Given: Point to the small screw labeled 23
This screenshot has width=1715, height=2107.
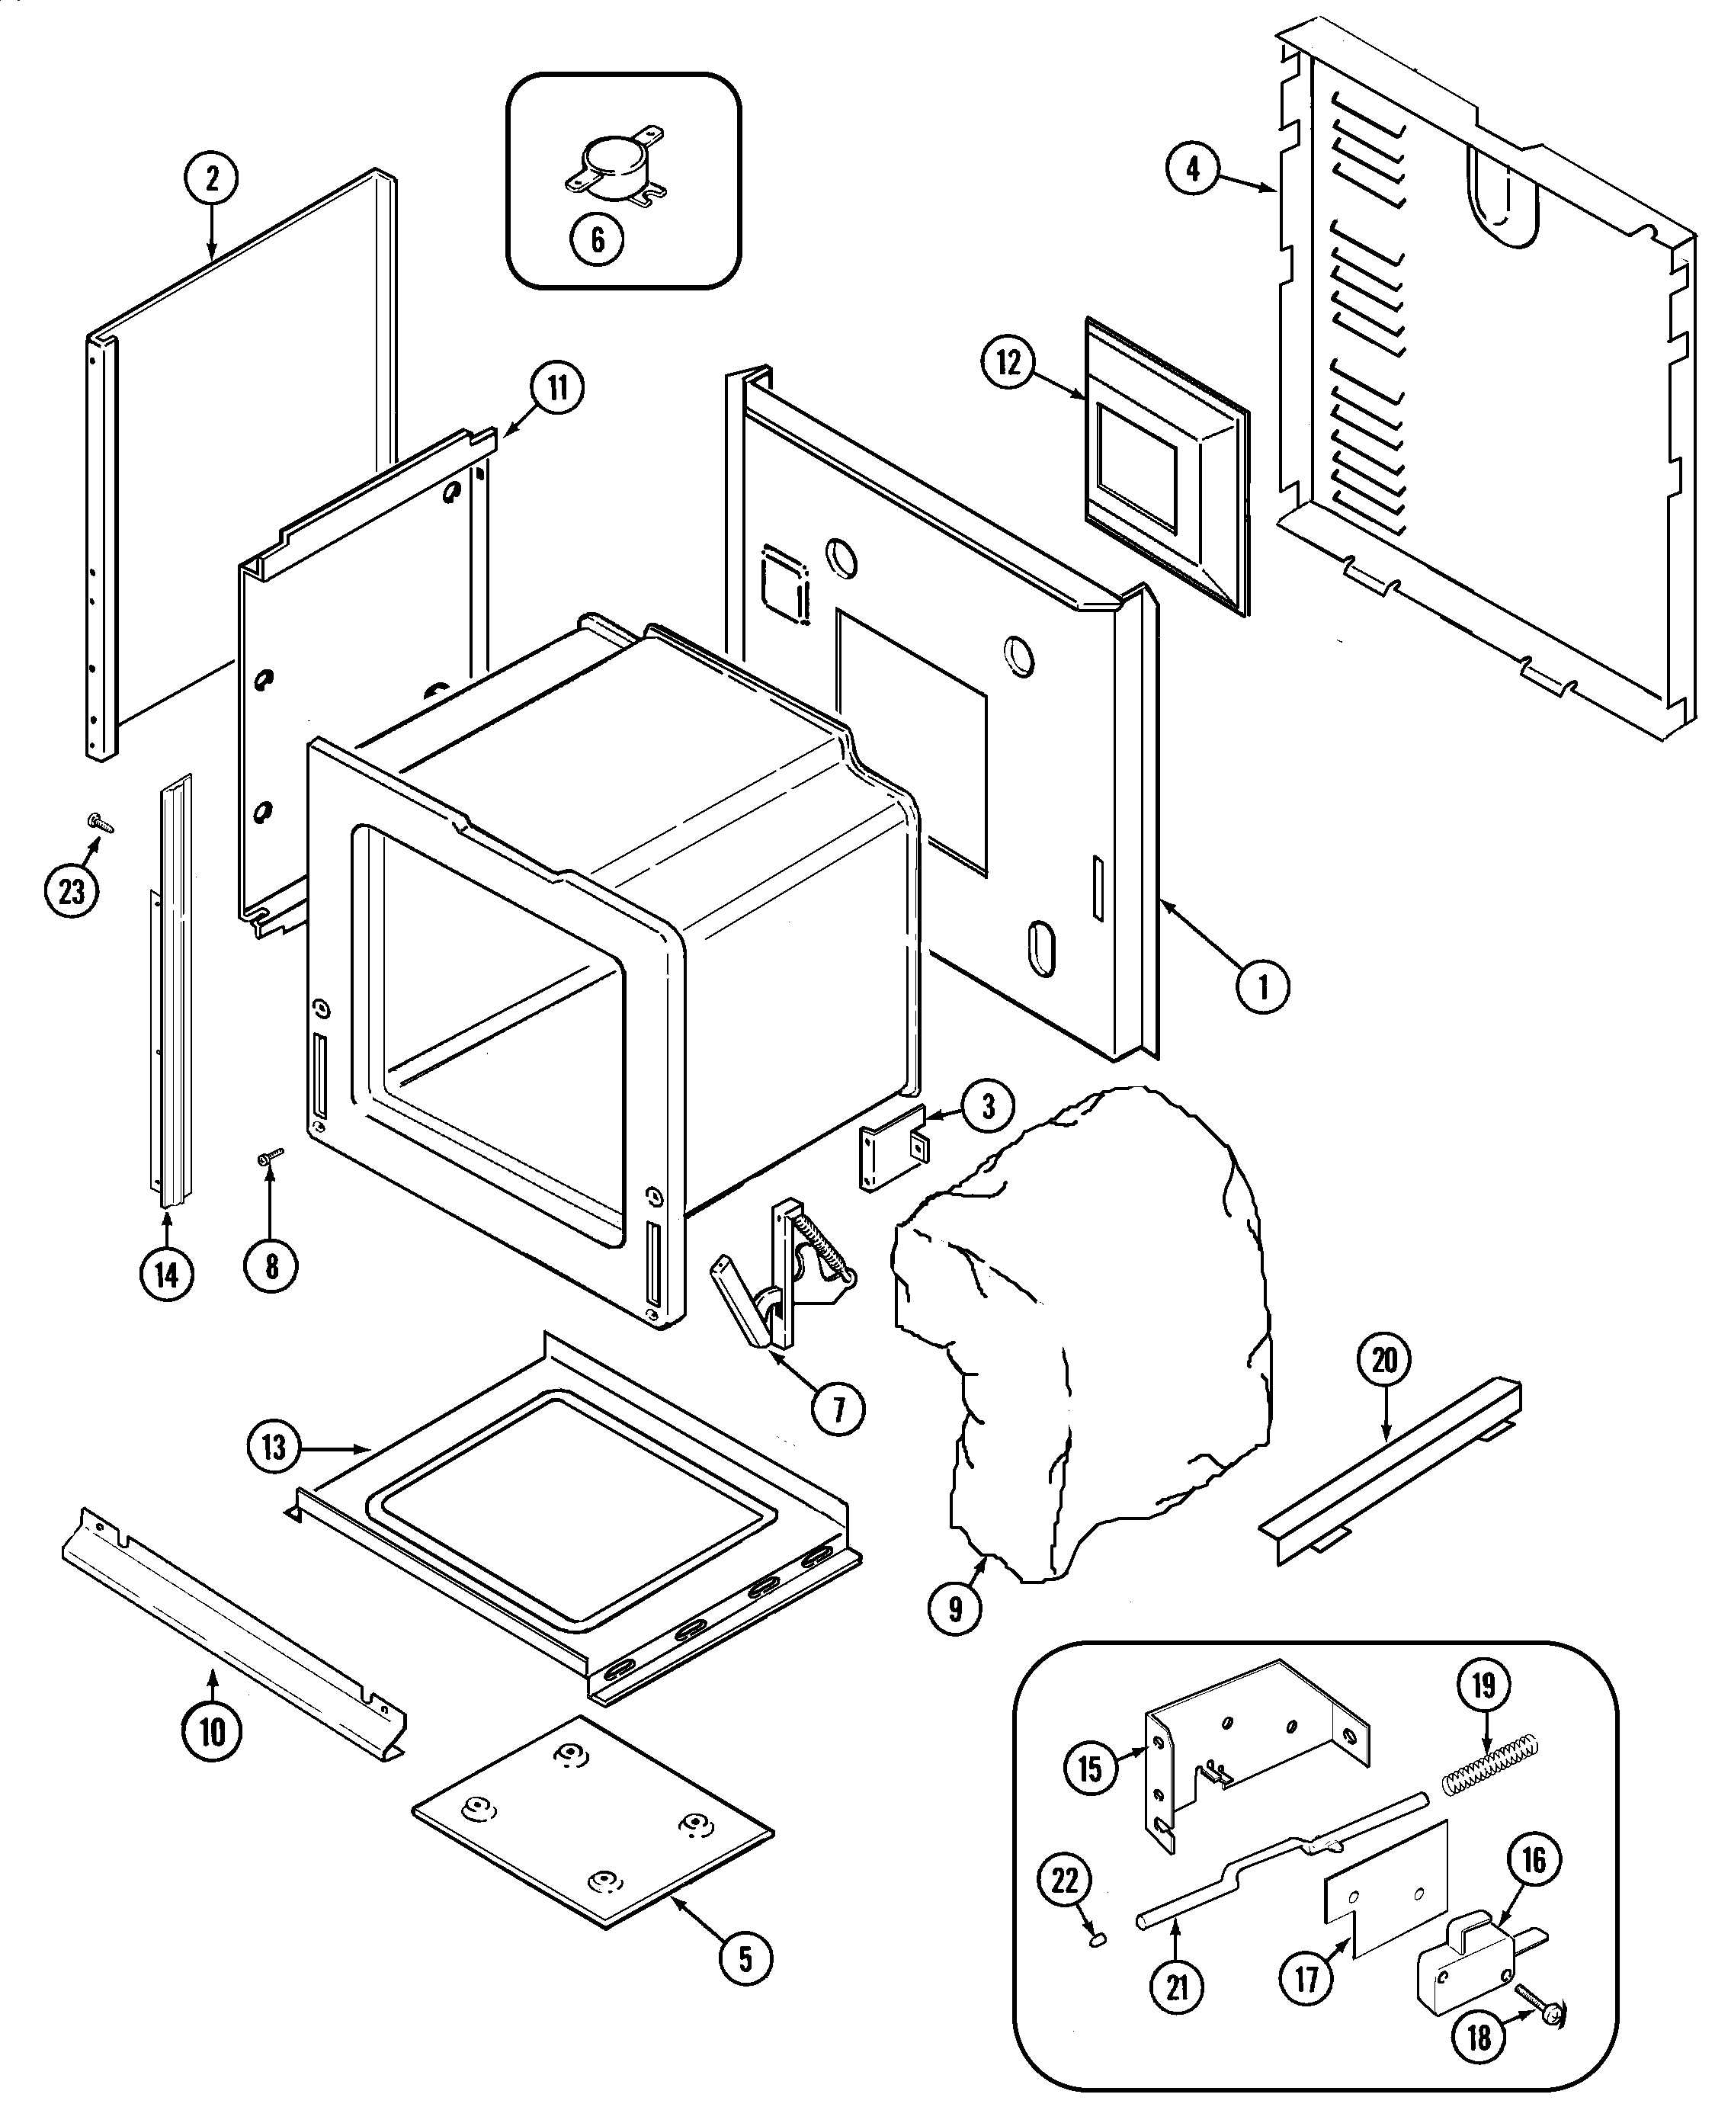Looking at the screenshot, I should [x=100, y=822].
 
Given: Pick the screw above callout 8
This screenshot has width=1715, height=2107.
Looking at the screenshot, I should [x=270, y=1155].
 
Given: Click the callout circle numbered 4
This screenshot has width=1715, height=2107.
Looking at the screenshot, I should [x=1192, y=169].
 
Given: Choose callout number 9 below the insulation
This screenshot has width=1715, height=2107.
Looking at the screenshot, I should [x=954, y=1610].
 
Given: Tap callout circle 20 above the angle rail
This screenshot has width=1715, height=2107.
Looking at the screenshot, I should [x=1384, y=1360].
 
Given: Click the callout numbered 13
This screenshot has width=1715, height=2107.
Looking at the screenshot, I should [x=274, y=1448].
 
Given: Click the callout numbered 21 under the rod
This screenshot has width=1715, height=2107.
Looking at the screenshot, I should [x=1177, y=1987].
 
